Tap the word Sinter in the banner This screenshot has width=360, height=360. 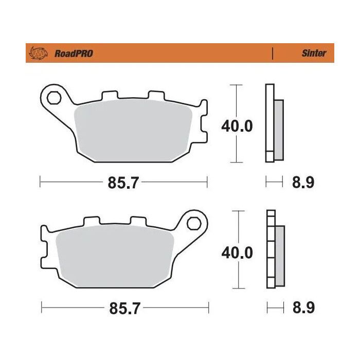pos(313,53)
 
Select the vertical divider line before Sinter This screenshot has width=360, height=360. pos(272,53)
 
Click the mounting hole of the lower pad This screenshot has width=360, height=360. pos(194,223)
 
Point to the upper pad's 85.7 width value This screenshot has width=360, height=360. pos(124,183)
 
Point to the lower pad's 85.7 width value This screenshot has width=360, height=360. pos(125,309)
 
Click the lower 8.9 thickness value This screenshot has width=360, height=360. pos(303,309)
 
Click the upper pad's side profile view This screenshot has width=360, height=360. pos(273,123)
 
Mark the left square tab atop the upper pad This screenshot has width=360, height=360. pos(110,97)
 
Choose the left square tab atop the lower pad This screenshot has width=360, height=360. pos(91,222)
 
